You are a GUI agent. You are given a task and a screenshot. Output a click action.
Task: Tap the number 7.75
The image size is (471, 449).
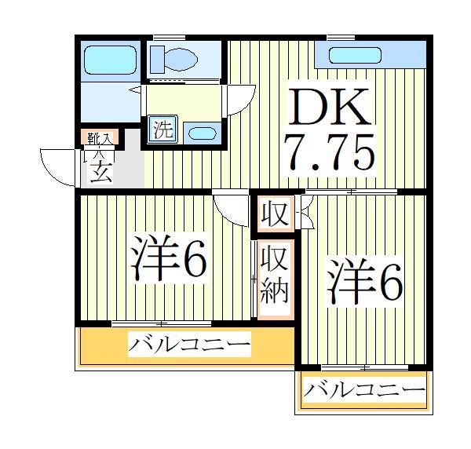(x=329, y=154)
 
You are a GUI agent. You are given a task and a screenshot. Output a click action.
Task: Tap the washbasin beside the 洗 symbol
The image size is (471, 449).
(x=202, y=132)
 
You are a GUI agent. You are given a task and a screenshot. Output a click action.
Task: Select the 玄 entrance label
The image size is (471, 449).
(x=100, y=171)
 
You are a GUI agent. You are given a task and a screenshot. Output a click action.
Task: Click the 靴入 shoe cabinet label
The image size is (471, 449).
(x=100, y=139)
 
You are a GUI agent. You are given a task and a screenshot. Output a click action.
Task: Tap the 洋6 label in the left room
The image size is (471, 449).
(x=169, y=258)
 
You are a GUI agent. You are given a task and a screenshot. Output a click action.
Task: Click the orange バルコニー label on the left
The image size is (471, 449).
(x=188, y=344)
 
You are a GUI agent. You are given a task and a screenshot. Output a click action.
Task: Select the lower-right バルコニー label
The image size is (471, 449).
(x=364, y=390)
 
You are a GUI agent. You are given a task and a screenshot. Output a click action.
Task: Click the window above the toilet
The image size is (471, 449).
(x=163, y=37)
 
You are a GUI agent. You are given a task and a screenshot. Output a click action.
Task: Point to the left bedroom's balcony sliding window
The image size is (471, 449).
(x=161, y=323)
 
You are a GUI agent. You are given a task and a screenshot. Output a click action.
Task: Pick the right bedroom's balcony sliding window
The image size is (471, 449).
(x=365, y=367)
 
